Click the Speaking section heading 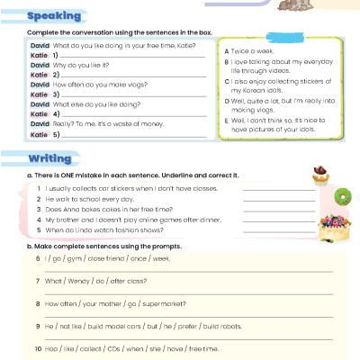point(54,17)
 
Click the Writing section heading point(51,158)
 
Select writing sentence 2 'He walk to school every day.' point(85,198)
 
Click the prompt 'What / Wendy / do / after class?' point(92,281)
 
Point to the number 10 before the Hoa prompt point(36,348)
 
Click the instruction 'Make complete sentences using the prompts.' point(112,246)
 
